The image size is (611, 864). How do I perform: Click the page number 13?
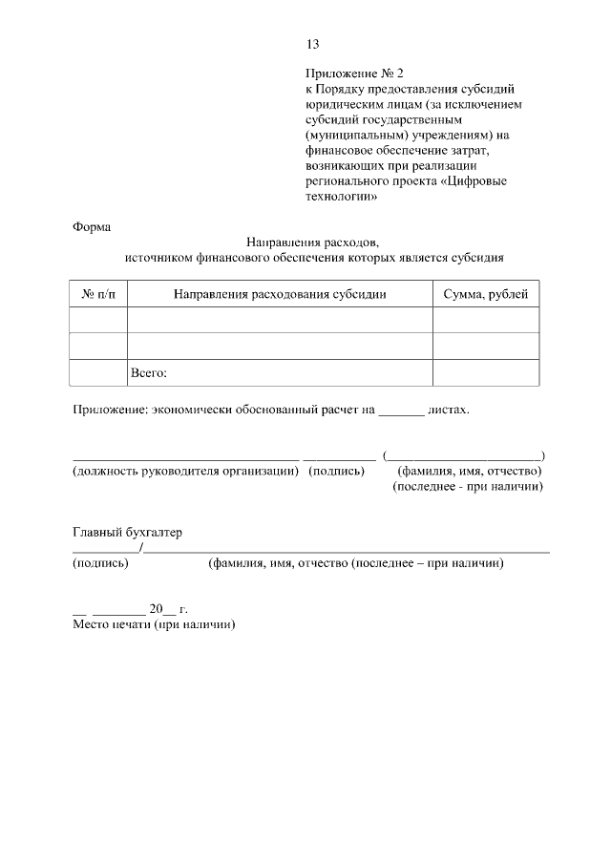click(x=312, y=44)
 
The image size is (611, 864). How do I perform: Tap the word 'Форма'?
click(x=92, y=227)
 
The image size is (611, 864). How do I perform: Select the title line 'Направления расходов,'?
click(x=313, y=242)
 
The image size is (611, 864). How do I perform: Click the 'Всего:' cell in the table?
click(x=148, y=372)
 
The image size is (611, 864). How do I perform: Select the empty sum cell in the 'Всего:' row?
click(x=486, y=372)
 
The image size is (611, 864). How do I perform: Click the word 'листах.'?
click(x=449, y=411)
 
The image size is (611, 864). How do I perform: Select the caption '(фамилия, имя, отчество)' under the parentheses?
click(x=470, y=471)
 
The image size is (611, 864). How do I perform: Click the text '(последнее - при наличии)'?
click(x=468, y=487)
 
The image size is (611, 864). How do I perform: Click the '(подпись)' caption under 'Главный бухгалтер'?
click(x=101, y=563)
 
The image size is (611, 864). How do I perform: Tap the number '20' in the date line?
click(x=157, y=608)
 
